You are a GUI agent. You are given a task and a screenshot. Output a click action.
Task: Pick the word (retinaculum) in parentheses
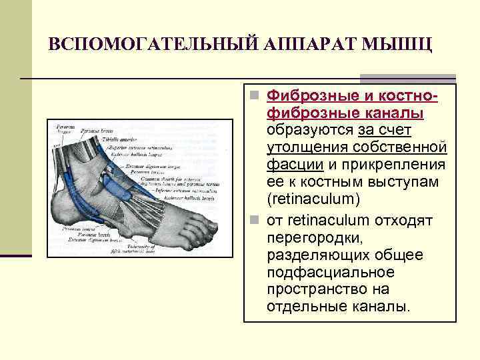(x=312, y=199)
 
